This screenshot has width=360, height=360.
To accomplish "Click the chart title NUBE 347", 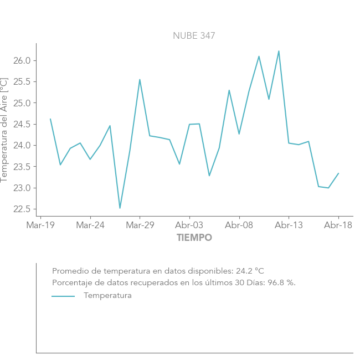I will [x=194, y=36].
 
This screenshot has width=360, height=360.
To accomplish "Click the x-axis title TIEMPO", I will [x=194, y=238].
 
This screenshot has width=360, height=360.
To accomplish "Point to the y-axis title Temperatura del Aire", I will [x=4, y=129].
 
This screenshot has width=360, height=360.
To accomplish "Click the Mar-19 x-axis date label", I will [x=40, y=225].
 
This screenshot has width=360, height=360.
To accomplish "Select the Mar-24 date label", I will [x=90, y=225].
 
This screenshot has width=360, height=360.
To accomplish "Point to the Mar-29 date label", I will [x=140, y=225].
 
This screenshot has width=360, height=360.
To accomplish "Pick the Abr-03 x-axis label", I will [x=189, y=225].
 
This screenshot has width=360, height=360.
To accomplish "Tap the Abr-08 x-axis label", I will [x=239, y=225].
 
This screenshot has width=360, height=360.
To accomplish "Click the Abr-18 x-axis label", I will [x=338, y=225].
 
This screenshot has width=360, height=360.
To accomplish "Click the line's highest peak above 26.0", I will [x=279, y=51].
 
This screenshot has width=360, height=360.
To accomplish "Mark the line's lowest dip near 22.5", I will [x=120, y=208].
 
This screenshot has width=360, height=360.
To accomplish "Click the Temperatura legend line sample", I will [x=63, y=296].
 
